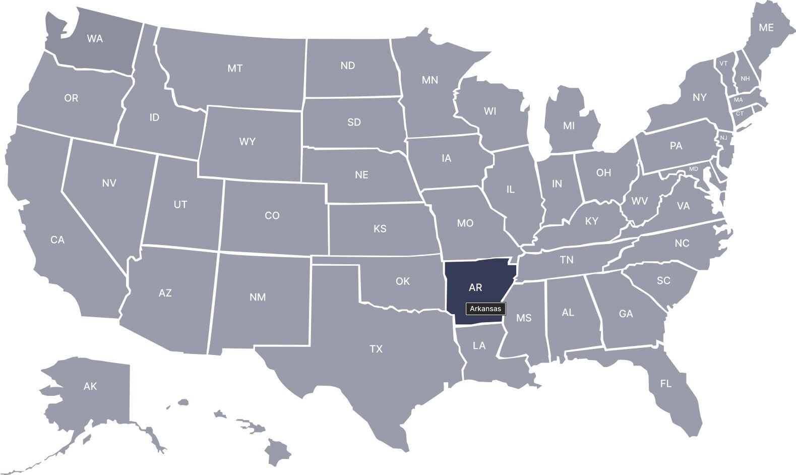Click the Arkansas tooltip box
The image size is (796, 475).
point(485,309)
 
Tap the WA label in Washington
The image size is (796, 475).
point(95,38)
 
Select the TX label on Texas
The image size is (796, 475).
point(376,349)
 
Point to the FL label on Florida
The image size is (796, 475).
point(665,384)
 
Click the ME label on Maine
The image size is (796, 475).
point(766,28)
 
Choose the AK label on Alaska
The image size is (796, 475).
point(90,386)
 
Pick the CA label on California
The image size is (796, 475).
point(57,240)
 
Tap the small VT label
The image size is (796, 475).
point(723,64)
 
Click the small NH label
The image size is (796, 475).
point(745,79)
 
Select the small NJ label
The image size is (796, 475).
point(723,138)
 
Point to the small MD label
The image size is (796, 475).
point(694,169)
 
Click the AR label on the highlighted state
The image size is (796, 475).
point(475,287)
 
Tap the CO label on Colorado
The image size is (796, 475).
point(272,216)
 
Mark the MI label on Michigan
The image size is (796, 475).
point(569,126)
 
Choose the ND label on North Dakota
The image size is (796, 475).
point(347,66)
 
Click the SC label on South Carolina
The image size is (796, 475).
point(663,280)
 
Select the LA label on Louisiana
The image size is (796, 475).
point(479,346)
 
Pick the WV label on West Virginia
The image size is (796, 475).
point(640,201)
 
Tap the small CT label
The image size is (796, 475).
point(740,113)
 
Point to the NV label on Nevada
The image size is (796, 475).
point(109,183)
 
